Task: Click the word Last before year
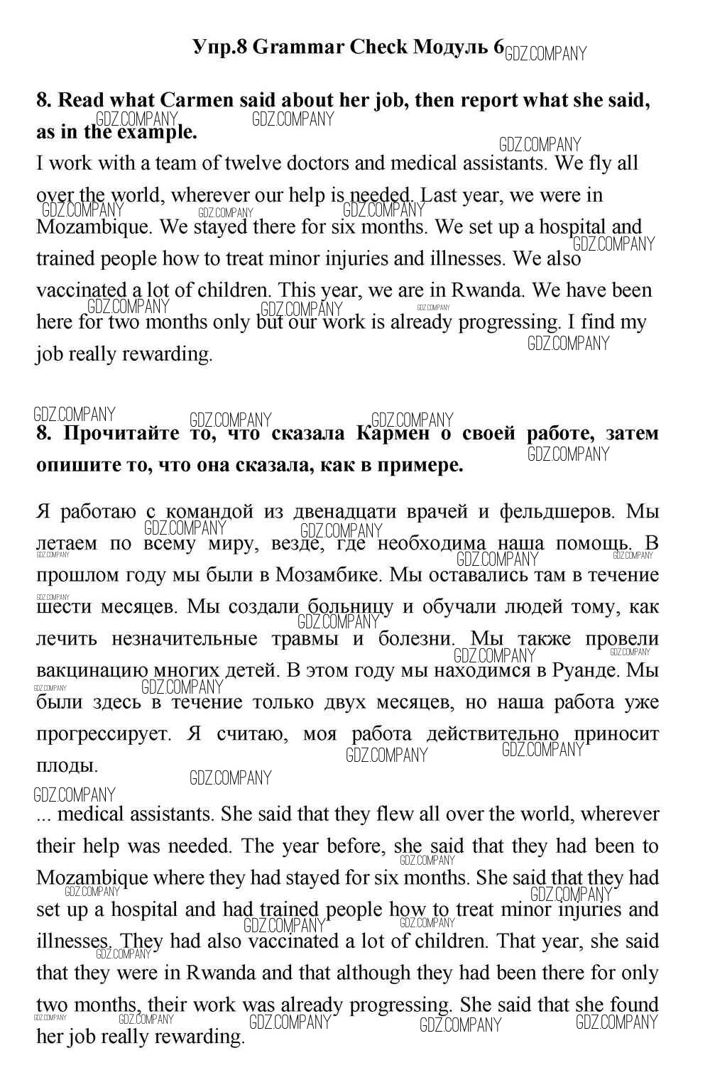pos(440,195)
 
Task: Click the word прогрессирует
pos(104,734)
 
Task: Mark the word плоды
pos(67,766)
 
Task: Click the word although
pos(374,973)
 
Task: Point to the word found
pos(634,1005)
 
